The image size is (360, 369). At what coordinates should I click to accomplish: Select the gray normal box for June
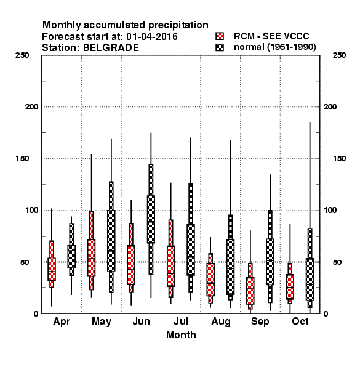[151, 219]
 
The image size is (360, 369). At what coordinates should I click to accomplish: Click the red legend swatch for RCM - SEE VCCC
[220, 36]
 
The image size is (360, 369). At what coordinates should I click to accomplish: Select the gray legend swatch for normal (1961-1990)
[220, 47]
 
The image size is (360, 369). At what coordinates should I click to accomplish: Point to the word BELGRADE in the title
[111, 48]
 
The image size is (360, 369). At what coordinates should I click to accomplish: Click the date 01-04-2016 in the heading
[151, 37]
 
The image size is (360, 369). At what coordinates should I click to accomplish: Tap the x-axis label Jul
[181, 321]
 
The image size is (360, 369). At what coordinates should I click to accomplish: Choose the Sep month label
[260, 322]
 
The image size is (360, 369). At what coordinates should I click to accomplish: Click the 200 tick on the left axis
[31, 106]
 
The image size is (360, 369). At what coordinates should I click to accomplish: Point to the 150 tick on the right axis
[339, 159]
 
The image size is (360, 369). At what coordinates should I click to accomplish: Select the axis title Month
[181, 335]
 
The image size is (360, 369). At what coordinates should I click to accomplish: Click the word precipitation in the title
[178, 25]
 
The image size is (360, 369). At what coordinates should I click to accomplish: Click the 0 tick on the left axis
[36, 314]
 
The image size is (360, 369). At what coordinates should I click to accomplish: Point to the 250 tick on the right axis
[339, 55]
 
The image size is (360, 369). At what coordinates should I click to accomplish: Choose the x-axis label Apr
[62, 322]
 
